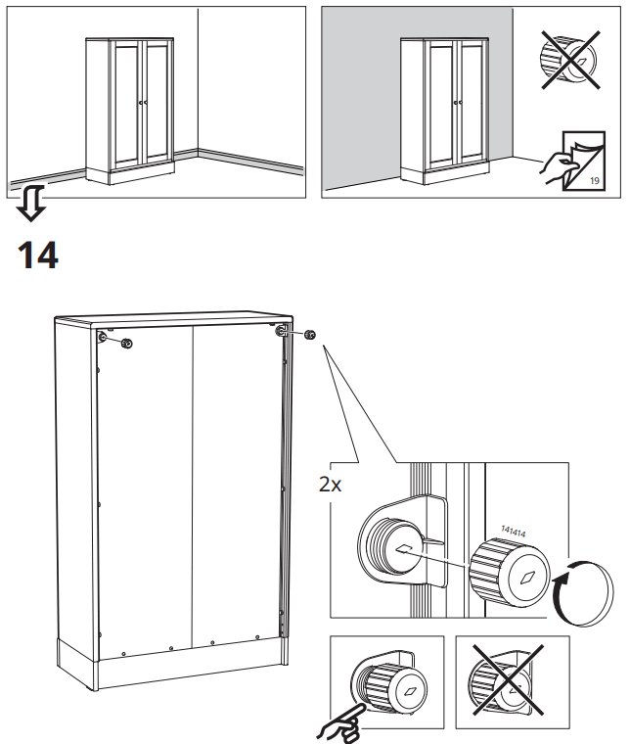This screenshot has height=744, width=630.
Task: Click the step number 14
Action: tap(38, 256)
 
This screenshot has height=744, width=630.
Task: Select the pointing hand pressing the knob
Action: tap(337, 722)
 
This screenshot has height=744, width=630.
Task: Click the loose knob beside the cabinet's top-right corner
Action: tap(310, 336)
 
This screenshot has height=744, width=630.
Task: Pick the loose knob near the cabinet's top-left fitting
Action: tap(125, 344)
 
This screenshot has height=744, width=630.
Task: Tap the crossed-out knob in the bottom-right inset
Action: tap(501, 682)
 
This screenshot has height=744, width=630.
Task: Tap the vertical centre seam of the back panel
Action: tap(194, 489)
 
